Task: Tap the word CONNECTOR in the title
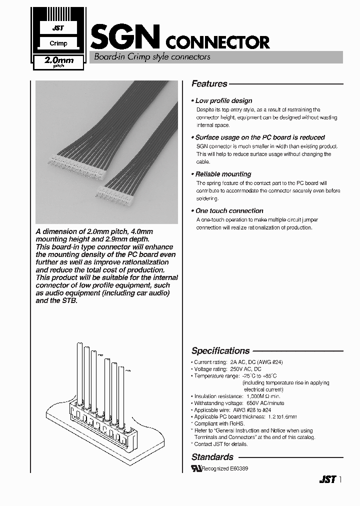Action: (217, 42)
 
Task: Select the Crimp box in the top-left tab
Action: (58, 43)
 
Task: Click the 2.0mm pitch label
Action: (59, 62)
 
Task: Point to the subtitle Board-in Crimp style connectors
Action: (152, 57)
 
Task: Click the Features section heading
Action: (209, 84)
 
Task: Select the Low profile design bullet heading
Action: (223, 100)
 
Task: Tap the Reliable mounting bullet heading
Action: (223, 174)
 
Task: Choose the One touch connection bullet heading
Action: (229, 210)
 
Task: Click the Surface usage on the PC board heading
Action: (260, 137)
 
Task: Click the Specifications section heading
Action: (220, 350)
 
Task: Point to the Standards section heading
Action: (212, 456)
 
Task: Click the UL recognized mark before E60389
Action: (195, 468)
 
